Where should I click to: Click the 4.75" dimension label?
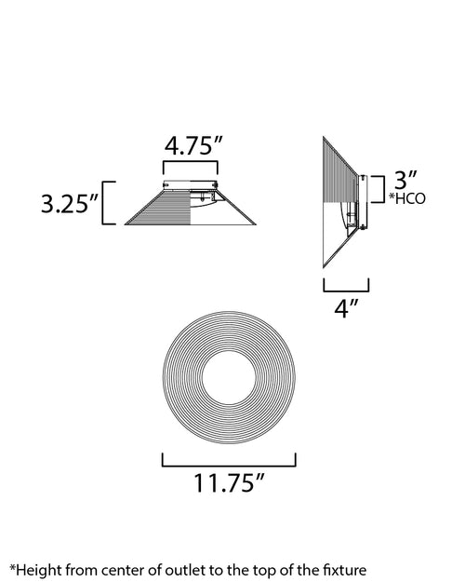pos(193,146)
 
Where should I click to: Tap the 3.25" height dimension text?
pos(70,203)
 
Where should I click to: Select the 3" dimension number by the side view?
pos(405,180)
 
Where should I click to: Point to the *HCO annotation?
pos(407,199)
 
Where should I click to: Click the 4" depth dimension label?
pos(346,309)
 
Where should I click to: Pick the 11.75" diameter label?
pos(229,483)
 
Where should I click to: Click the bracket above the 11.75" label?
pos(229,465)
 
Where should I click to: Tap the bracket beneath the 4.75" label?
pos(191,162)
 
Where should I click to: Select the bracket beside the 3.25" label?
pos(103,203)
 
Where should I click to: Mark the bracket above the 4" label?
pos(346,291)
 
